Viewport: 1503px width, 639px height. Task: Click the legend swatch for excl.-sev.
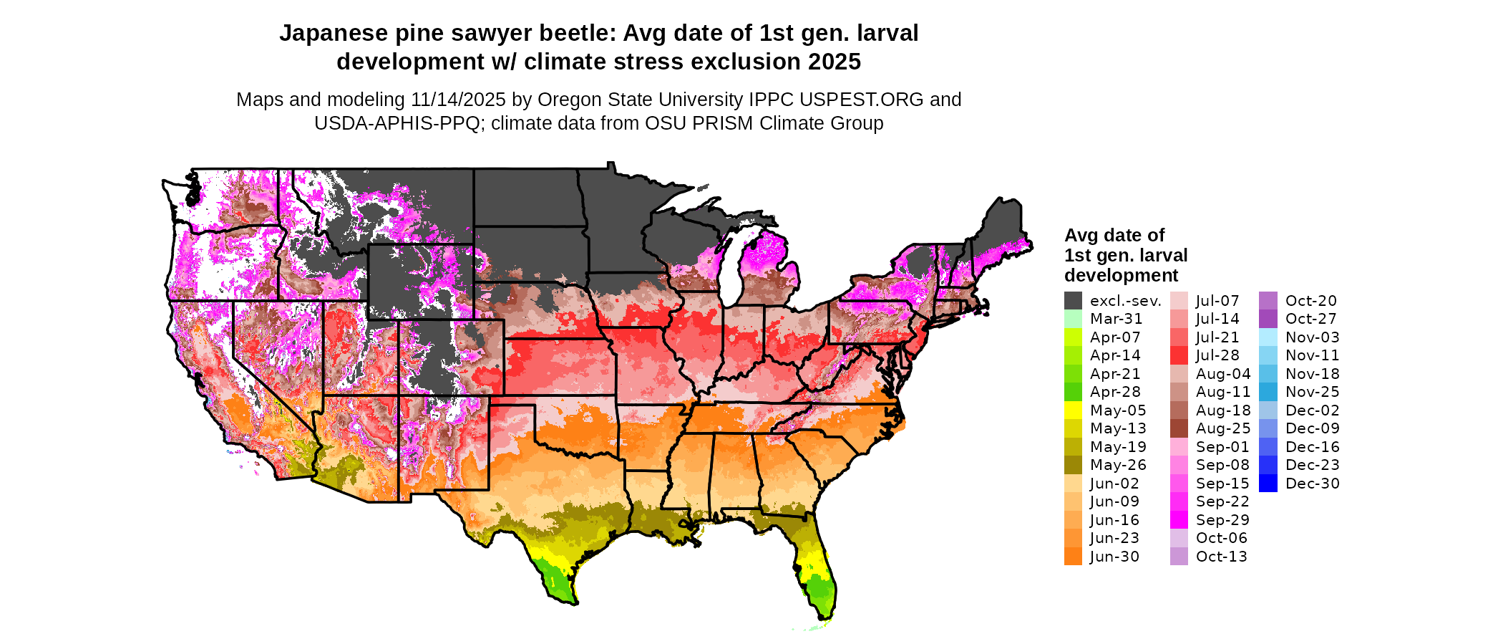(x=1073, y=301)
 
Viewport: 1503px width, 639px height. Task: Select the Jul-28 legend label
(x=1217, y=355)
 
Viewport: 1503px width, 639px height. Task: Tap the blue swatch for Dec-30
(x=1268, y=484)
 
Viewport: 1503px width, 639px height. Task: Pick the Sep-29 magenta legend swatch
(x=1179, y=520)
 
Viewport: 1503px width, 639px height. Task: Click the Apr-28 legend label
(x=1115, y=392)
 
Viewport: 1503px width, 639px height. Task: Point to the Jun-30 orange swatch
(x=1073, y=557)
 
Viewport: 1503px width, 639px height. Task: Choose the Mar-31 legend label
(x=1116, y=319)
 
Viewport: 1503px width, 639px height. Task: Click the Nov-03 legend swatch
(x=1268, y=337)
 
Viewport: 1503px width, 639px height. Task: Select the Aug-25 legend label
(x=1223, y=428)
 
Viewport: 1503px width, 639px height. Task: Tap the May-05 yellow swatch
(x=1073, y=410)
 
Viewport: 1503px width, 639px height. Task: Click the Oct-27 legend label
(x=1310, y=319)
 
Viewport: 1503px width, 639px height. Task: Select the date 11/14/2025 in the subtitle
(x=458, y=100)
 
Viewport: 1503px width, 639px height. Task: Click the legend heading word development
(x=1121, y=276)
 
